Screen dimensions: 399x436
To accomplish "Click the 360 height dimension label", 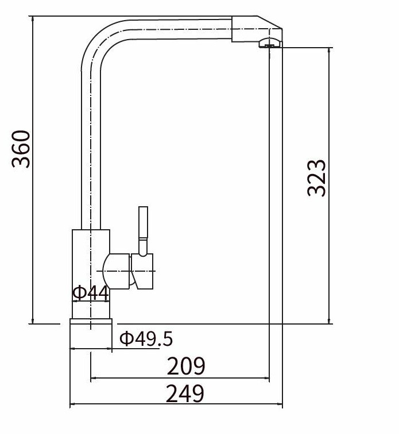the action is pyautogui.click(x=21, y=149).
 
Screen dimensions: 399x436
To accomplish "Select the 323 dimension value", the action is pyautogui.click(x=316, y=179).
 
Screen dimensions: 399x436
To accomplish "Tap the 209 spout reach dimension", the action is pyautogui.click(x=186, y=366).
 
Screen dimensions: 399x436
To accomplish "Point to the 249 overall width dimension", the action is pyautogui.click(x=185, y=393).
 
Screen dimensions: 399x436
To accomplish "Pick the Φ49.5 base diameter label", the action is pyautogui.click(x=146, y=338).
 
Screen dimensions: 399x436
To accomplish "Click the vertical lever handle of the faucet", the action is pyautogui.click(x=143, y=231).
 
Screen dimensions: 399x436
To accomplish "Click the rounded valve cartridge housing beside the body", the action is pyautogui.click(x=116, y=271).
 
